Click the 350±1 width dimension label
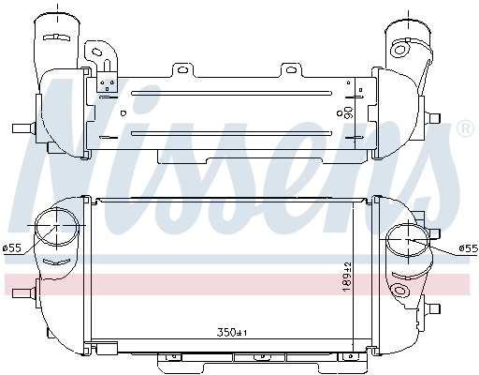[x=230, y=332]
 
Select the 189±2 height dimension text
[x=346, y=275]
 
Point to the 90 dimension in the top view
[x=349, y=112]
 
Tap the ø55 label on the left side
[x=13, y=248]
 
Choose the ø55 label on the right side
[x=468, y=248]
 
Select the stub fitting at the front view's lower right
[x=433, y=307]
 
